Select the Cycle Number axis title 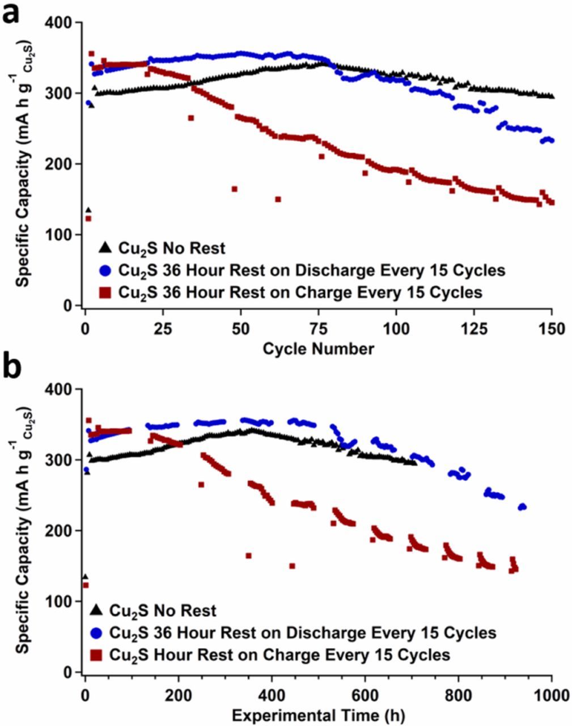(318, 348)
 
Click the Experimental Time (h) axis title (318, 715)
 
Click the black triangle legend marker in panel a (104, 248)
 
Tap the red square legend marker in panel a (104, 292)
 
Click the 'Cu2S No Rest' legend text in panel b (163, 611)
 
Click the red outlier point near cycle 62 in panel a (278, 199)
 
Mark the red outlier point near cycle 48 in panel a (234, 189)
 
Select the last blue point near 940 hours (524, 507)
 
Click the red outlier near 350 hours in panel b (248, 555)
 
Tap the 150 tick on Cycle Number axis (552, 329)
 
